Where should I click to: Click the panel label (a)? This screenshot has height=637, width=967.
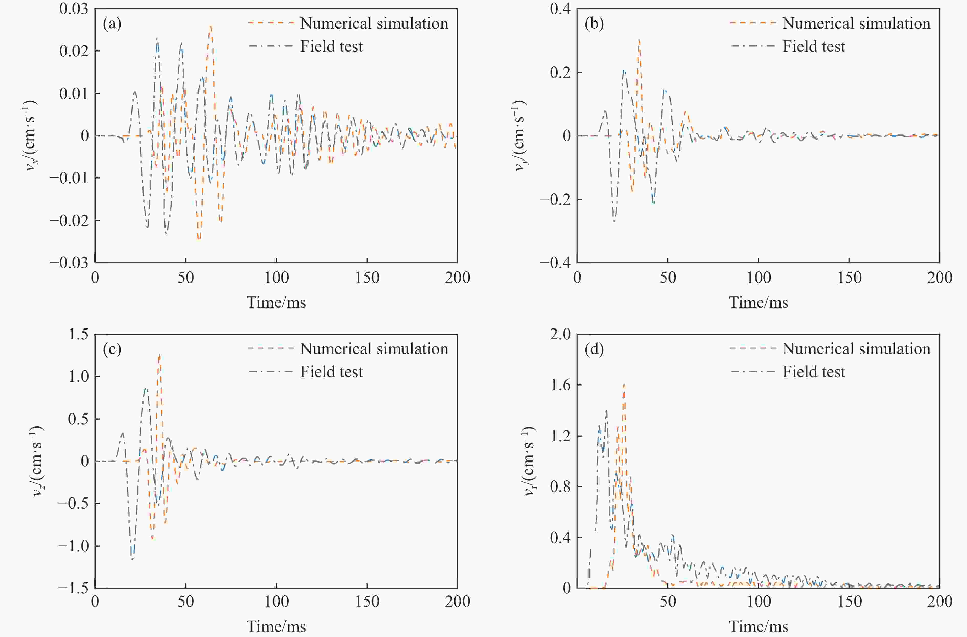(x=112, y=24)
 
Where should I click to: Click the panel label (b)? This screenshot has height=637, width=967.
(x=594, y=24)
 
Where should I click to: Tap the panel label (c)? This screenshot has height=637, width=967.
(x=112, y=349)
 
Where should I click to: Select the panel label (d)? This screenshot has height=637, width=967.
(x=594, y=349)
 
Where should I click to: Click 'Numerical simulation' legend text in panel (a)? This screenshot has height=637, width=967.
(x=374, y=24)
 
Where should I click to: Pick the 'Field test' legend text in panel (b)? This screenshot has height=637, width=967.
(x=814, y=47)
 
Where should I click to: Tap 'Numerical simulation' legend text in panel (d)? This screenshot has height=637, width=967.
(x=856, y=349)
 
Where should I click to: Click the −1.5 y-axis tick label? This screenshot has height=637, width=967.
(x=73, y=588)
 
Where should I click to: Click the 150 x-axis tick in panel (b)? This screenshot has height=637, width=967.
(x=849, y=278)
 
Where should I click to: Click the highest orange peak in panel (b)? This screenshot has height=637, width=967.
(x=639, y=40)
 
